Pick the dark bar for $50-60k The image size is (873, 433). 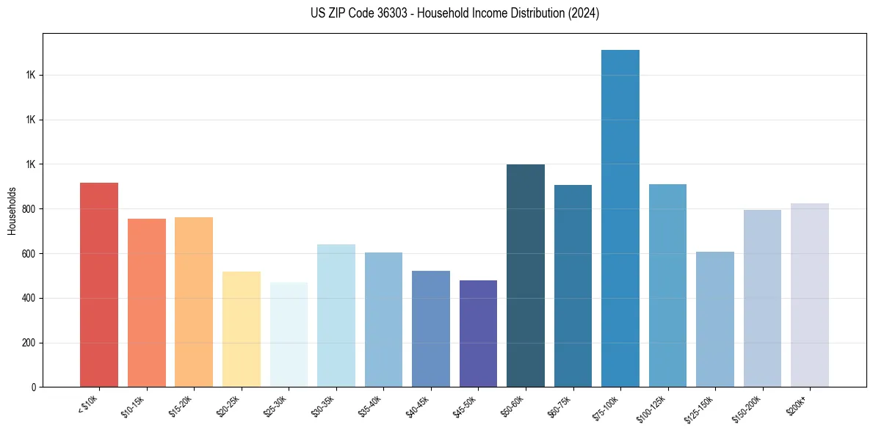click(x=526, y=276)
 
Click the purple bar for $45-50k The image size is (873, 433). click(x=478, y=334)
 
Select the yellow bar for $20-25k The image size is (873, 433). click(x=242, y=330)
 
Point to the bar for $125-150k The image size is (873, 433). click(x=715, y=319)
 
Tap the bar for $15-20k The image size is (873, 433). click(x=194, y=302)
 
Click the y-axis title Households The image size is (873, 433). click(x=12, y=211)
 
